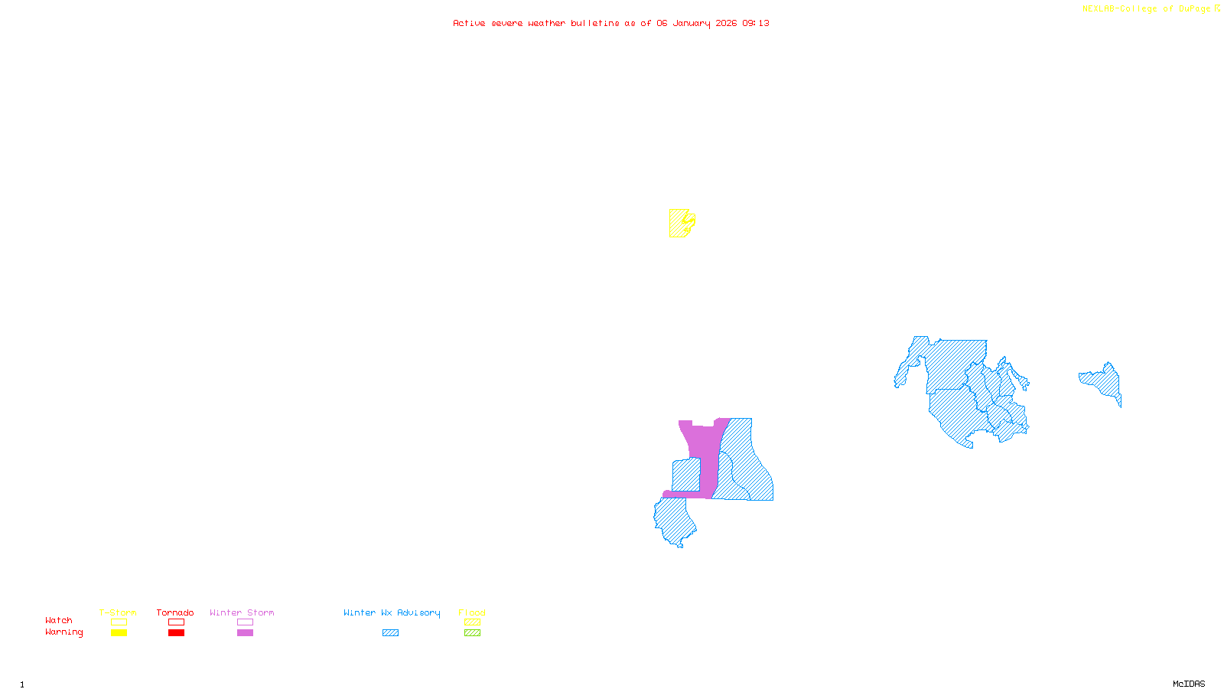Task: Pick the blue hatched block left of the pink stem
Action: pos(685,475)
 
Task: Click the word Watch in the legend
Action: pos(59,620)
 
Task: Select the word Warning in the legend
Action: pos(63,632)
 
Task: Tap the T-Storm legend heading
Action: pos(118,612)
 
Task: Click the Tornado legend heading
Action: pos(175,612)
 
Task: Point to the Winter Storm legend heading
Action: pos(242,612)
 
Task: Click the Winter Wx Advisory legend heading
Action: pos(392,612)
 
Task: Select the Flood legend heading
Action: pos(472,612)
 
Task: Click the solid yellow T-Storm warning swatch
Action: pos(119,633)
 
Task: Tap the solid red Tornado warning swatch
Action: pos(176,633)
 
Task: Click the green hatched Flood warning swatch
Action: pos(472,633)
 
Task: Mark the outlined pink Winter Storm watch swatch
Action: pos(245,622)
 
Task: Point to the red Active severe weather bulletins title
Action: pos(610,23)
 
